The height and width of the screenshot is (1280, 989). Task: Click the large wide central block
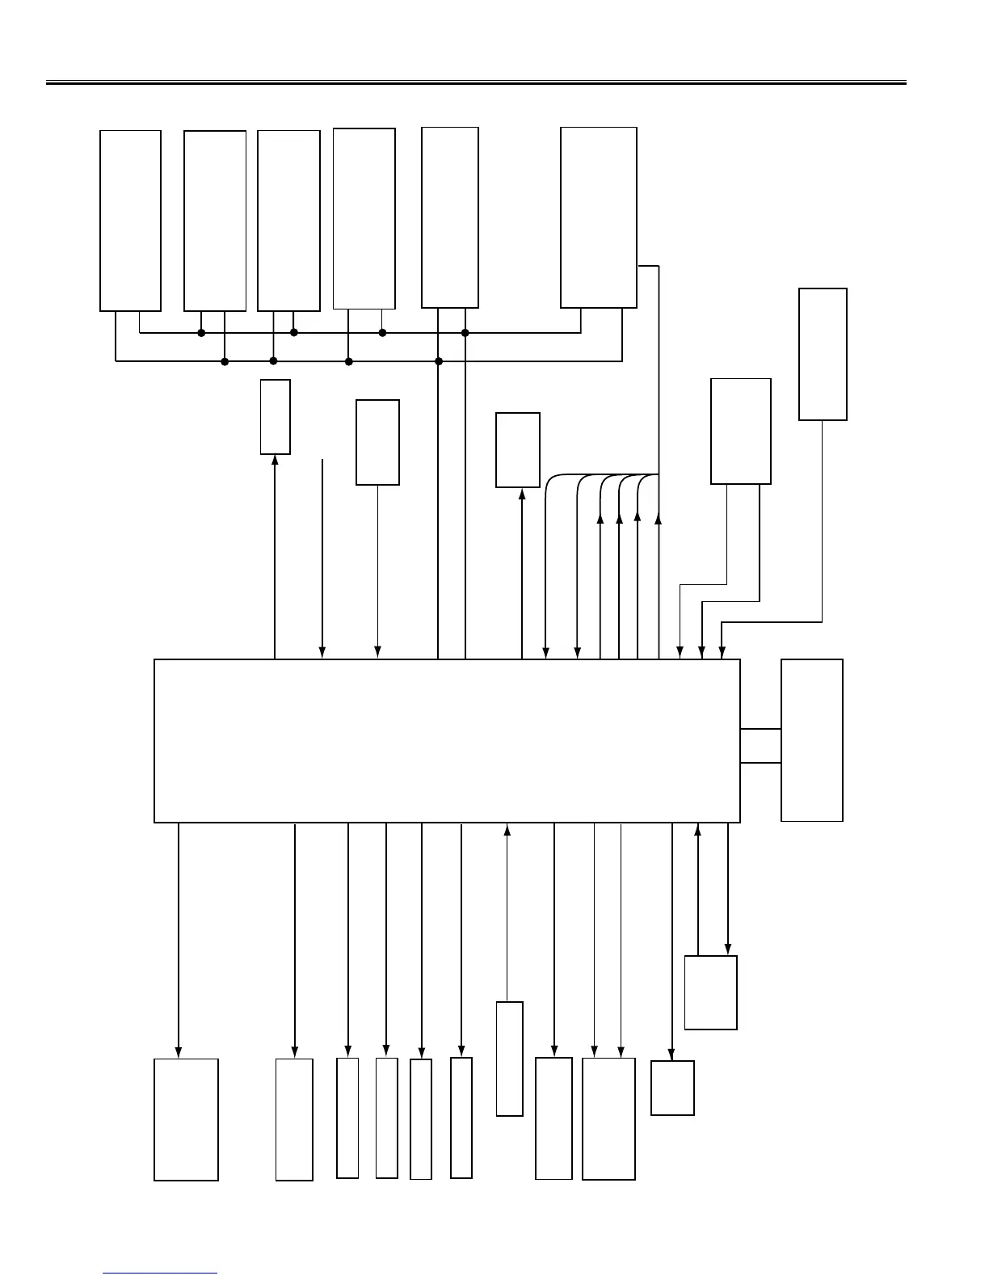point(447,741)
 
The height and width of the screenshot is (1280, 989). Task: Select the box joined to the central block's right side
point(811,740)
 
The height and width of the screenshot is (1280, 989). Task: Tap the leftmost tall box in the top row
point(130,221)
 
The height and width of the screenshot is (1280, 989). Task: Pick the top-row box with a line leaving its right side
point(598,217)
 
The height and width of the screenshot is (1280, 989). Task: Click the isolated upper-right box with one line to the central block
point(823,354)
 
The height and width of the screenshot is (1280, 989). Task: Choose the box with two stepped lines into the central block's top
point(740,432)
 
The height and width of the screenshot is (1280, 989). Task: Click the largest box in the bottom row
point(186,1119)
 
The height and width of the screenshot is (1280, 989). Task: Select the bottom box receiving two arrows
point(608,1118)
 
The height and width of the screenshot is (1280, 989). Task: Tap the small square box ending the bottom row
point(672,1088)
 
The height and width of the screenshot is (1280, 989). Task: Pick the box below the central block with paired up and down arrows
point(710,992)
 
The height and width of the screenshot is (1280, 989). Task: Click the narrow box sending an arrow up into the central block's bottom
point(509,1059)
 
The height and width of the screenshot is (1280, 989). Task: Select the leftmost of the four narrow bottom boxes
point(347,1118)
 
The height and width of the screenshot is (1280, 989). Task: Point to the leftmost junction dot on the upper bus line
point(201,333)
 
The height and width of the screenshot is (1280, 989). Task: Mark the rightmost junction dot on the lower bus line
point(439,361)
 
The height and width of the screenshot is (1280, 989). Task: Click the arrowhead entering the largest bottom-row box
point(178,1052)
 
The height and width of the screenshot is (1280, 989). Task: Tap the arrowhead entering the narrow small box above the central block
point(276,460)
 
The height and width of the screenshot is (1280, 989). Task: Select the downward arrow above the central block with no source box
point(322,558)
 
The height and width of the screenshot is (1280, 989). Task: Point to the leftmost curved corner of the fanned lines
point(550,480)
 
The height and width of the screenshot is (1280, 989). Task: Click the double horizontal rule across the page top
point(476,82)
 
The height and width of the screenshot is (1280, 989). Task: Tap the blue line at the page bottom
point(160,1274)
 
